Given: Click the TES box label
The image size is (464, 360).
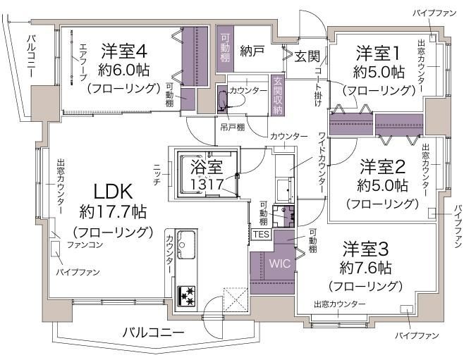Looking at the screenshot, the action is tap(261, 235).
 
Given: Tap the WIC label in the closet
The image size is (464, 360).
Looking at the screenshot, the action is tap(280, 263).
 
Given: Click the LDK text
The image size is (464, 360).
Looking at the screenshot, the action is tap(113, 192).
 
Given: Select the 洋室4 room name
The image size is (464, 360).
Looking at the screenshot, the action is tap(123, 51).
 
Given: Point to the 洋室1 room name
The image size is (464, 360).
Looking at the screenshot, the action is tap(378, 53).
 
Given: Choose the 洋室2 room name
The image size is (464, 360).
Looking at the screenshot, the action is tap(382, 166).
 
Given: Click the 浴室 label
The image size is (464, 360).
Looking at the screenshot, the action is tap(206, 167).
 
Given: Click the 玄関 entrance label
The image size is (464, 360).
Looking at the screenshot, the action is tap(307, 56).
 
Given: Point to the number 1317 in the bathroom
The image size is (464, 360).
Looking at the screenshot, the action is tap(207, 185).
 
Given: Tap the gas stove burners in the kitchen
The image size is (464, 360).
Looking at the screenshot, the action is tap(186, 295).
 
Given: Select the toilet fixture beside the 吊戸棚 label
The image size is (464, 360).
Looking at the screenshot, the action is tap(222, 100).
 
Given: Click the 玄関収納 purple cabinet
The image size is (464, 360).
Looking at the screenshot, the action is tap(278, 95).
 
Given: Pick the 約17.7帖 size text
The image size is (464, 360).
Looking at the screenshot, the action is tap(113, 211).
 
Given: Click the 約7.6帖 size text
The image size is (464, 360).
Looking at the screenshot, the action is tap(365, 268).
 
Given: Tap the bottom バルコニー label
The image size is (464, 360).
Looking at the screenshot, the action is tap(153, 333).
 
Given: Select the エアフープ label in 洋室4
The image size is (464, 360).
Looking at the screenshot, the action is tap(83, 63).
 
